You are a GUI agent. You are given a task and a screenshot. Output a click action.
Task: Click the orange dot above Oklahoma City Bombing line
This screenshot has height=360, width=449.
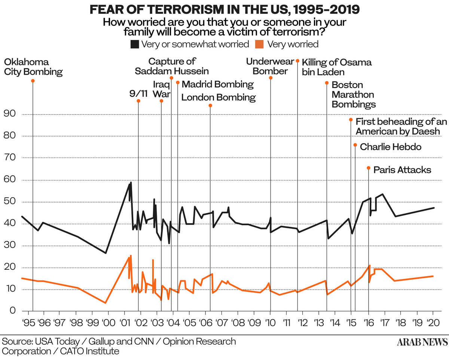[x=33, y=81]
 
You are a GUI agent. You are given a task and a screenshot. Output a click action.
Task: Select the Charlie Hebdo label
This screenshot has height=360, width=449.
[x=390, y=147]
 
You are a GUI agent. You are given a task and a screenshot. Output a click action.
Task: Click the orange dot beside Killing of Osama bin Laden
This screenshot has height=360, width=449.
[x=297, y=61]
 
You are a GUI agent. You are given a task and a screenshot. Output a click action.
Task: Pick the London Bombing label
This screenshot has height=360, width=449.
[x=219, y=98]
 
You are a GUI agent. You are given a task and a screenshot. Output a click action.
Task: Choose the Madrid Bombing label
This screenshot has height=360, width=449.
[x=217, y=84]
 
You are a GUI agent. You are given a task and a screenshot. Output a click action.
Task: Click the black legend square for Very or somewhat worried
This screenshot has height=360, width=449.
[x=134, y=44]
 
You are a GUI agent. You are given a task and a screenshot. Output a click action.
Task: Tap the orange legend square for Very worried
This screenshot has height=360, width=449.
[x=260, y=44]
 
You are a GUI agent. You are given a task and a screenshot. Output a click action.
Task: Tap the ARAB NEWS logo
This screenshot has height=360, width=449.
[x=422, y=342]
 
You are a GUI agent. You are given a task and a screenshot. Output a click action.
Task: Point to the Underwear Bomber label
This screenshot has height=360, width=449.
[x=267, y=66]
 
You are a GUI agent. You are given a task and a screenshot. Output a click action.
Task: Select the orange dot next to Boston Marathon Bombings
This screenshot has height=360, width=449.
[x=327, y=83]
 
